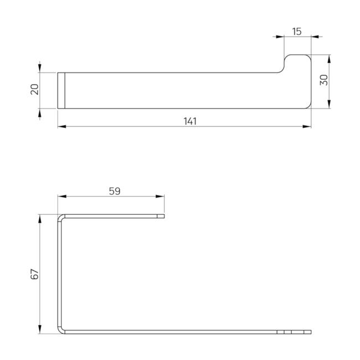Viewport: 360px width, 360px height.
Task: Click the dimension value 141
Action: [190, 121]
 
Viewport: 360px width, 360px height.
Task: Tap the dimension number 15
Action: [297, 32]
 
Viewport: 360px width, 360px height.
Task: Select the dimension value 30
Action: [324, 80]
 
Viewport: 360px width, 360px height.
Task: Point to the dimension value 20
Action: [35, 89]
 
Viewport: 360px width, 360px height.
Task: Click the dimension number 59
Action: [115, 191]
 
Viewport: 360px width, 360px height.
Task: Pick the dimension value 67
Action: [35, 274]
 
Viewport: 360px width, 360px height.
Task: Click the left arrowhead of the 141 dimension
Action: [62, 126]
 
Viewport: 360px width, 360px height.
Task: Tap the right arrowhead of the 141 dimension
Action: [307, 126]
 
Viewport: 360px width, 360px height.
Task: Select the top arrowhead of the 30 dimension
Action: [329, 59]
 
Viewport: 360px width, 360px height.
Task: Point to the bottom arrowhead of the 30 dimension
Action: [329, 104]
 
